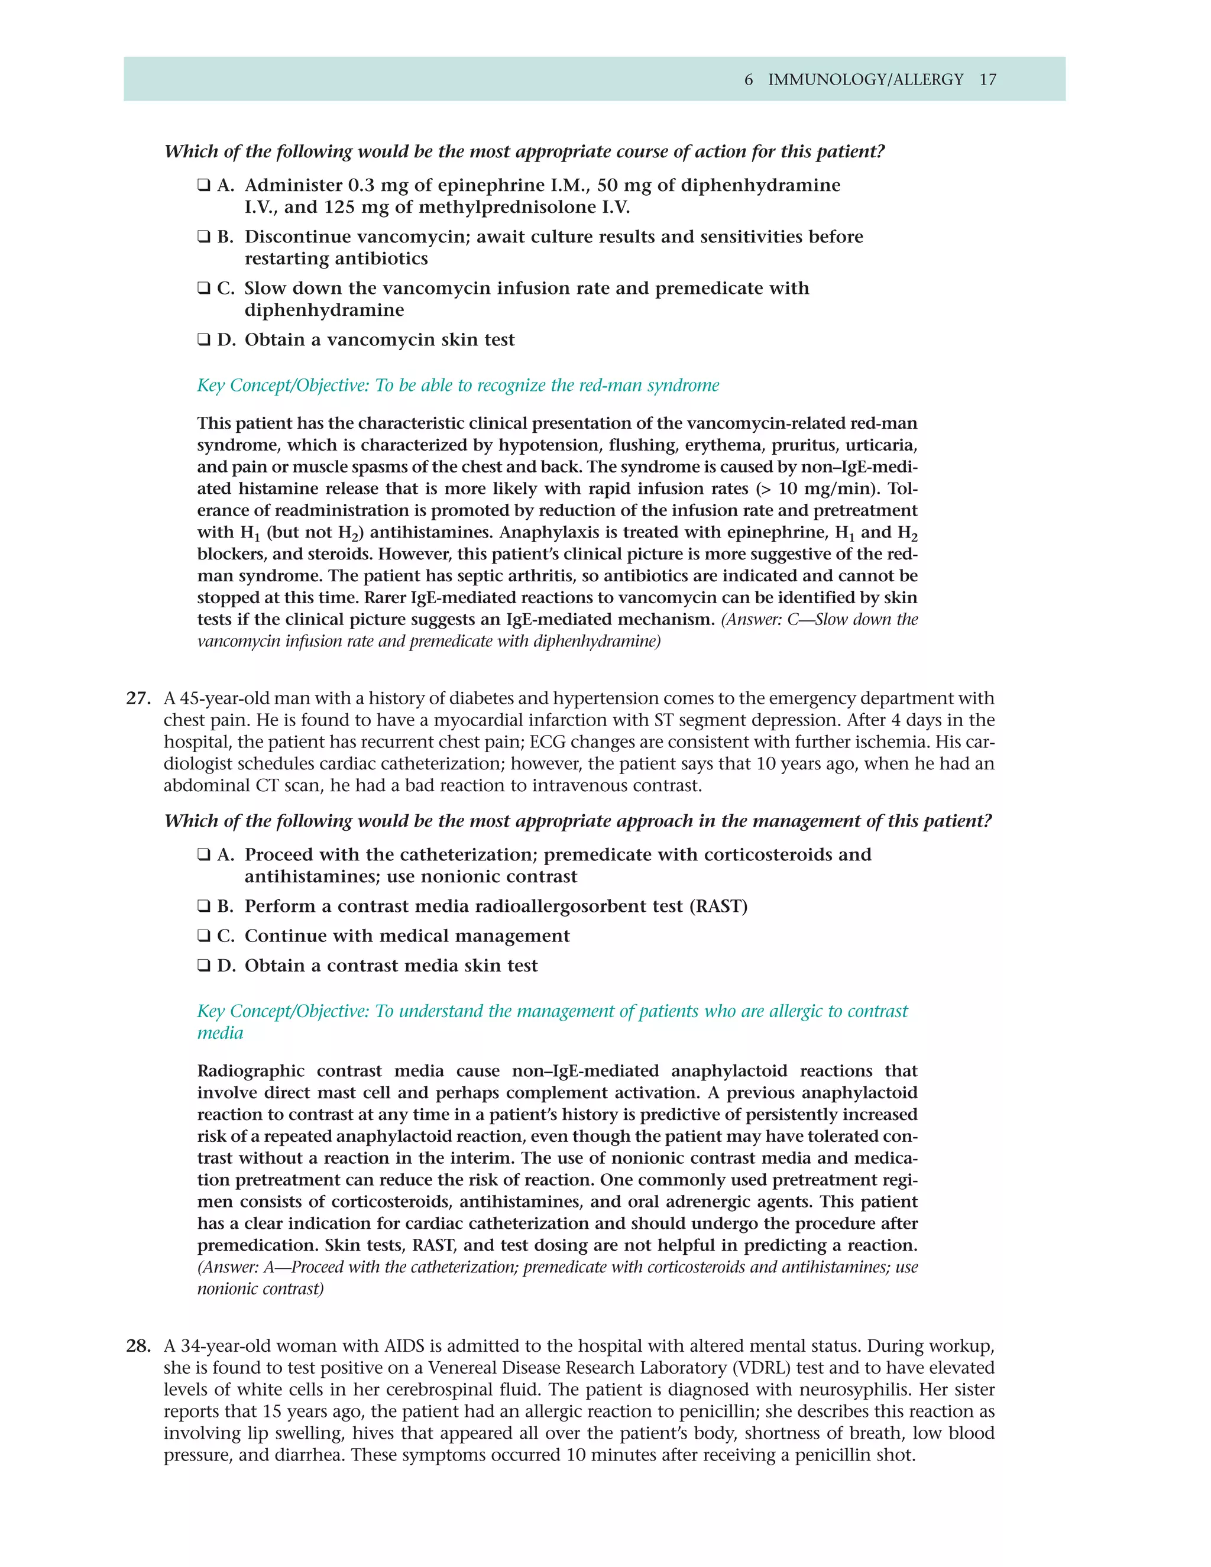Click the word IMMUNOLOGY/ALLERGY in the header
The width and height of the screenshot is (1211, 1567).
[865, 80]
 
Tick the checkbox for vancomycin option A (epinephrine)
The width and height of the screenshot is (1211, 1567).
[204, 186]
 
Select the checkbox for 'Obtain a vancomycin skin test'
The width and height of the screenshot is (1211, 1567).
[204, 340]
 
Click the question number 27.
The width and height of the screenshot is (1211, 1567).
[138, 698]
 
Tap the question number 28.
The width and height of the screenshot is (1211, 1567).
[138, 1346]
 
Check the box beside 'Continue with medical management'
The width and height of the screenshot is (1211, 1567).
[204, 936]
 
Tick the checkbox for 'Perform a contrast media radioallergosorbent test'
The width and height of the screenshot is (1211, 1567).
[204, 907]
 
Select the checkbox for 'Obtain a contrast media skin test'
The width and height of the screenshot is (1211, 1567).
[204, 966]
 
